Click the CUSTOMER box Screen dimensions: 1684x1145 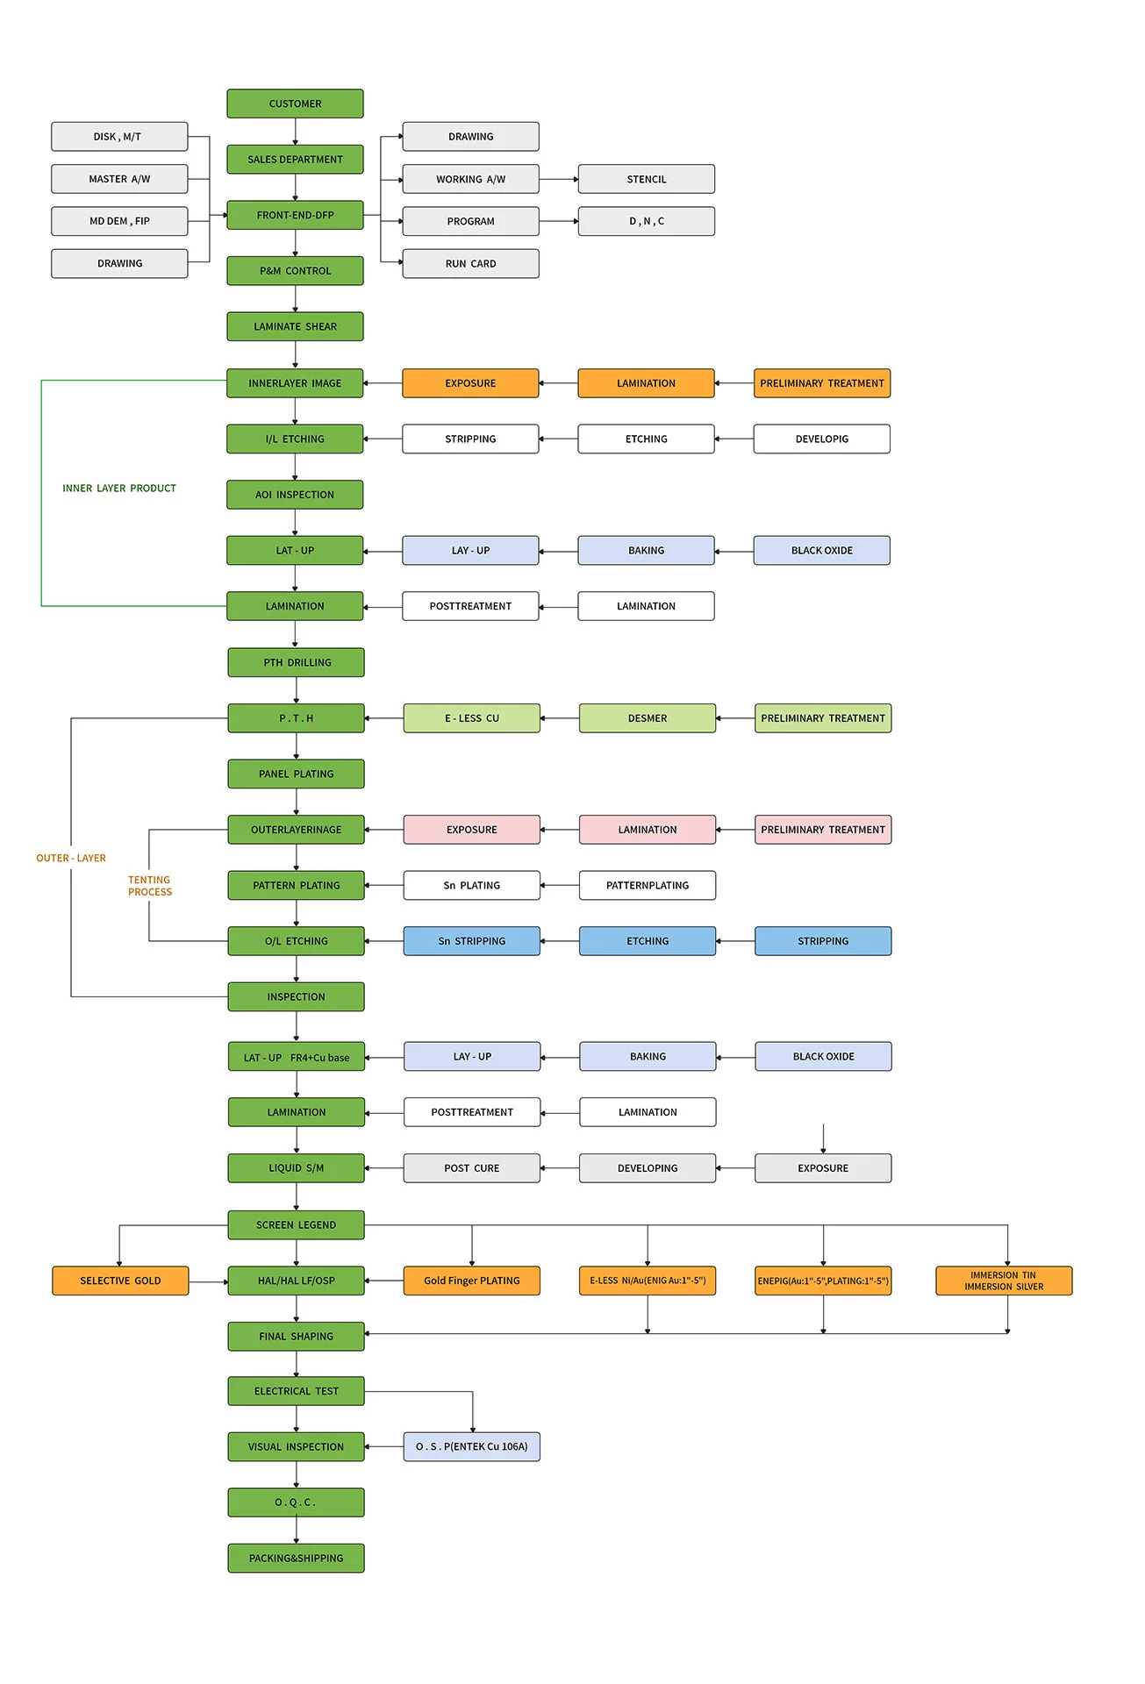click(x=295, y=103)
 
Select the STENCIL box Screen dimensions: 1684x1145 click(x=646, y=179)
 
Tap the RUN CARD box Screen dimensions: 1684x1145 click(x=470, y=263)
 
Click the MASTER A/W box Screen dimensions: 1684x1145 click(x=119, y=179)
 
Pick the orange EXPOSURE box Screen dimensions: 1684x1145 click(x=470, y=383)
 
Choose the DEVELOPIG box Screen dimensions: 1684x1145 click(x=821, y=439)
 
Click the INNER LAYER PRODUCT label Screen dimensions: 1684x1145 click(x=119, y=489)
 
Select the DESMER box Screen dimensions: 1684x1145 click(x=648, y=718)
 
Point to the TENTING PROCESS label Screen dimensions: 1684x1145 click(x=150, y=886)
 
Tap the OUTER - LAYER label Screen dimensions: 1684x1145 click(x=71, y=858)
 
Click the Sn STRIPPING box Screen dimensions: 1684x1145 click(x=472, y=941)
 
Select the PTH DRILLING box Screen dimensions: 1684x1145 click(x=297, y=662)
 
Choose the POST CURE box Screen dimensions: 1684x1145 click(x=472, y=1168)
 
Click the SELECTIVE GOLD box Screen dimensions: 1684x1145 click(x=120, y=1281)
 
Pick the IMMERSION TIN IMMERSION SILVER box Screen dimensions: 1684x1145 click(x=1004, y=1281)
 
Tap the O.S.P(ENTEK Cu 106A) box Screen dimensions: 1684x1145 click(x=472, y=1446)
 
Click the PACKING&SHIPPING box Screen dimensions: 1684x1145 click(x=297, y=1558)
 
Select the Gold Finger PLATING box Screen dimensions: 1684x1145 click(x=472, y=1281)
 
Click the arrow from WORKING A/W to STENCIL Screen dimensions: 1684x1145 click(x=559, y=179)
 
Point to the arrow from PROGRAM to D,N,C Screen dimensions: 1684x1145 click(x=559, y=221)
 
